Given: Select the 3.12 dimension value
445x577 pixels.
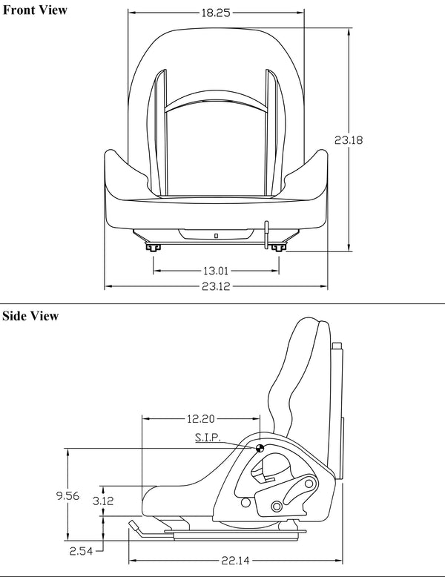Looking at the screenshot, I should tap(103, 501).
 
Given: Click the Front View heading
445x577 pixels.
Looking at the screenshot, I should tap(35, 10).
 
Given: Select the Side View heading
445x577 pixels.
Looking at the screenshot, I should tap(30, 317).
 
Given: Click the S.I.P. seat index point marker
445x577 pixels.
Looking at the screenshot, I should tap(260, 448).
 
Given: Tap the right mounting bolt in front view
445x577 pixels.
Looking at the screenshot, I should tap(277, 247).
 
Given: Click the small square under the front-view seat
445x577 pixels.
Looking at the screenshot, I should tap(216, 235).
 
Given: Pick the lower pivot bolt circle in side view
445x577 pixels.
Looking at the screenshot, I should tap(277, 506).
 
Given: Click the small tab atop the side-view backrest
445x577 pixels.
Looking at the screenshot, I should tap(337, 345).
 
